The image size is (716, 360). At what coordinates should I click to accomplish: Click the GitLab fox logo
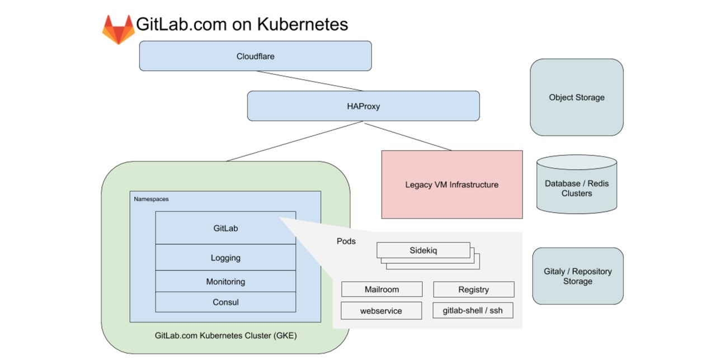[x=118, y=30]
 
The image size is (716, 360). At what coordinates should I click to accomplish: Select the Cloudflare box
[x=256, y=56]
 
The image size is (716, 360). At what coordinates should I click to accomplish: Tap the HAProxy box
[x=364, y=106]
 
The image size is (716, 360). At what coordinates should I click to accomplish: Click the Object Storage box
[x=577, y=97]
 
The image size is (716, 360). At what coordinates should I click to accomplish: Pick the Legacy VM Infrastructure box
[x=452, y=184]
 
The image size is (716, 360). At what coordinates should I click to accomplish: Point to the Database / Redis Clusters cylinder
[x=577, y=184]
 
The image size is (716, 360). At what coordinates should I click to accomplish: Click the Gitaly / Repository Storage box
[x=578, y=276]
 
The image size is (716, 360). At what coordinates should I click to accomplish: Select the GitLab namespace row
[x=225, y=228]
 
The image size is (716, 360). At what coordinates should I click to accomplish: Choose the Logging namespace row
[x=225, y=258]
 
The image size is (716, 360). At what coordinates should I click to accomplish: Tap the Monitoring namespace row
[x=225, y=281]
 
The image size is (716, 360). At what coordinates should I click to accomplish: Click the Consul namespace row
[x=225, y=302]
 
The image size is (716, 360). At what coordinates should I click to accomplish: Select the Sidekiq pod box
[x=423, y=250]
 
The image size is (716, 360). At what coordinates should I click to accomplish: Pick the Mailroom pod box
[x=381, y=289]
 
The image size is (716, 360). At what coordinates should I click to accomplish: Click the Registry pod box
[x=474, y=289]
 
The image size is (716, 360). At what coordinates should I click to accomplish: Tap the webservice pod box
[x=381, y=310]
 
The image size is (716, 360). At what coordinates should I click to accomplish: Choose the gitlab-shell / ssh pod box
[x=473, y=310]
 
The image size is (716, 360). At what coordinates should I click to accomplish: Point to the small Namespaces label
[x=151, y=199]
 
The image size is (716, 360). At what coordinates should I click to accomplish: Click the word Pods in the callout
[x=346, y=241]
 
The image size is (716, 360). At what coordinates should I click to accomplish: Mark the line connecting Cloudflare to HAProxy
[x=309, y=81]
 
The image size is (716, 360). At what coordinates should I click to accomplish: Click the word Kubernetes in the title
[x=303, y=24]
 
